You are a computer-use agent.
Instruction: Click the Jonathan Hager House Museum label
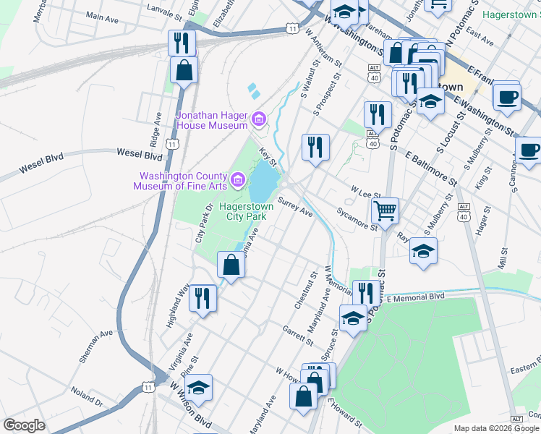click(x=213, y=120)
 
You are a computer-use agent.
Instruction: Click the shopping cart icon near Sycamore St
click(x=385, y=210)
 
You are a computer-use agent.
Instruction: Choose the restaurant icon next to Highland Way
click(x=203, y=298)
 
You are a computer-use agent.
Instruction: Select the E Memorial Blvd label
click(x=415, y=297)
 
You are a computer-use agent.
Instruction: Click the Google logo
click(x=24, y=425)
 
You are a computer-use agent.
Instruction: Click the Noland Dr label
click(x=86, y=396)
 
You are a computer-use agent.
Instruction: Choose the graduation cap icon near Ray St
click(x=423, y=251)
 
